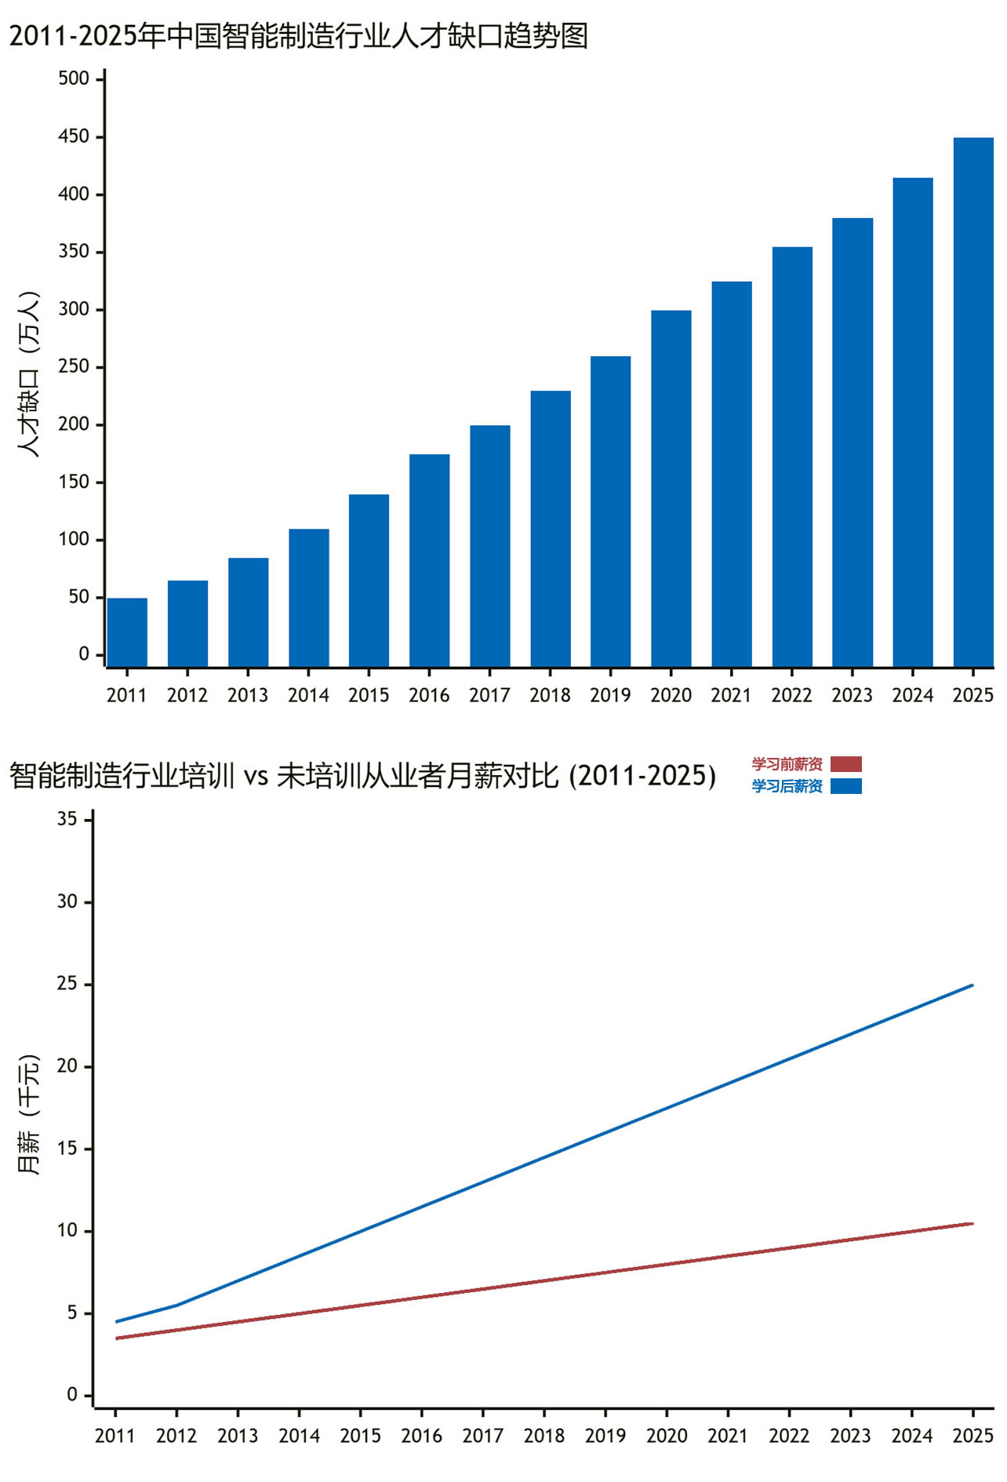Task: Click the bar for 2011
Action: pos(127,632)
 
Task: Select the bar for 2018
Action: pos(551,529)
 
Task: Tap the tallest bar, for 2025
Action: pos(973,402)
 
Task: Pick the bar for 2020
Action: pos(671,489)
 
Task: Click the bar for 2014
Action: pos(309,598)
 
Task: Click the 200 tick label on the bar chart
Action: pos(74,424)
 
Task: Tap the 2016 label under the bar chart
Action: pos(429,695)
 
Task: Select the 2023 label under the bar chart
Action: pos(852,695)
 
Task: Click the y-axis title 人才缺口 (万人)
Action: pos(28,374)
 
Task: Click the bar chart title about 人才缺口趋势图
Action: pos(299,36)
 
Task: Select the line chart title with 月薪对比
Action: pos(362,776)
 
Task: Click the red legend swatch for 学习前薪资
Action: pos(846,764)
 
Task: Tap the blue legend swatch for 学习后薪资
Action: pos(846,786)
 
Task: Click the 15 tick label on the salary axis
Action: pos(67,1149)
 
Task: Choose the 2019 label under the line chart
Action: pos(605,1436)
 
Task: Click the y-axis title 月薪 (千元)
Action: pos(28,1114)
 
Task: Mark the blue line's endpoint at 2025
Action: pos(972,985)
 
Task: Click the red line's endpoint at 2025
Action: pos(972,1223)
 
